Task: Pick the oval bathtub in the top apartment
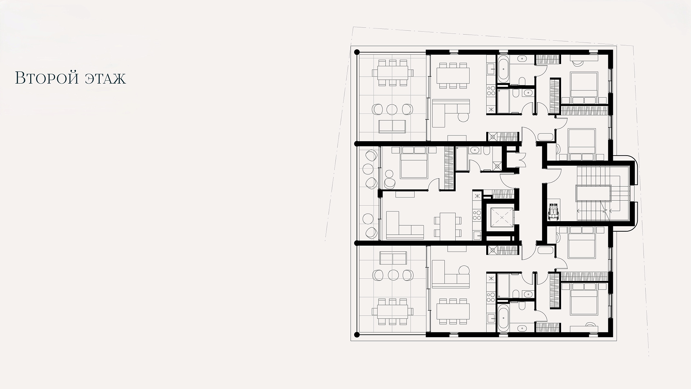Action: pyautogui.click(x=503, y=68)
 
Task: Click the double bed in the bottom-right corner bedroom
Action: pyautogui.click(x=584, y=299)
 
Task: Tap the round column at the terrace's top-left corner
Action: pyautogui.click(x=357, y=52)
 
